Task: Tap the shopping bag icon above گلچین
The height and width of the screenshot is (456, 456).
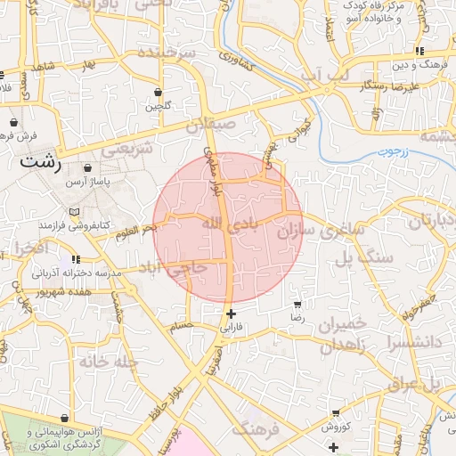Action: (158, 92)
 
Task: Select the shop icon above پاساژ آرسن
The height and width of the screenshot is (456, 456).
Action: (87, 167)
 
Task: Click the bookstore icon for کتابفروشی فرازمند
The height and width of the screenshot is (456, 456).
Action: (74, 211)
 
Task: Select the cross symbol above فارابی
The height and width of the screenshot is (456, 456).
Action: (232, 313)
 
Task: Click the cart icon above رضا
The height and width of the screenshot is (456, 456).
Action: (297, 304)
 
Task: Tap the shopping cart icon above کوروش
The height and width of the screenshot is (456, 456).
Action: (336, 413)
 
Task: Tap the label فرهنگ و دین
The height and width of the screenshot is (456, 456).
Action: (404, 65)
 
